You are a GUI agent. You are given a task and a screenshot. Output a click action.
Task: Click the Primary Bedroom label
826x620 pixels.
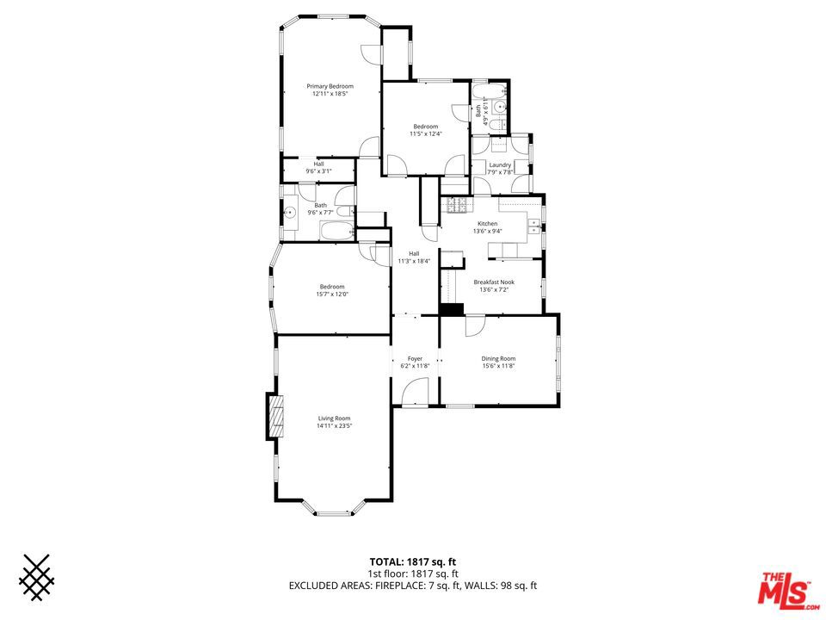click(x=330, y=86)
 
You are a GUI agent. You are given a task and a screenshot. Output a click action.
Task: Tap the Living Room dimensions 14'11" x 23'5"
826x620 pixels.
click(x=334, y=426)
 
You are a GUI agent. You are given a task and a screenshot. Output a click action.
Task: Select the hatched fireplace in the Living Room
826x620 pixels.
click(x=276, y=416)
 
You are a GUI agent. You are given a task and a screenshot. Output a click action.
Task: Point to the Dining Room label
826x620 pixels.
click(x=498, y=358)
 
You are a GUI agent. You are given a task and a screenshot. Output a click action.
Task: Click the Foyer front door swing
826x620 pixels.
click(x=415, y=394)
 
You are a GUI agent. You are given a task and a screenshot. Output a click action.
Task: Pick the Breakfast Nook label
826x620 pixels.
click(x=494, y=282)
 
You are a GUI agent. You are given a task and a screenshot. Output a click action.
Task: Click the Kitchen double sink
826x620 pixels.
click(x=534, y=226)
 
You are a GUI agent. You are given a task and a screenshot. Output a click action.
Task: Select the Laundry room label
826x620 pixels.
click(x=500, y=165)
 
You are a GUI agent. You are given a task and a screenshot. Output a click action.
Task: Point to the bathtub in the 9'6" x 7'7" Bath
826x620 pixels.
click(x=337, y=231)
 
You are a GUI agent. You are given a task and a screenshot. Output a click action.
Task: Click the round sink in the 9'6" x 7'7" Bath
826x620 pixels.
click(x=289, y=213)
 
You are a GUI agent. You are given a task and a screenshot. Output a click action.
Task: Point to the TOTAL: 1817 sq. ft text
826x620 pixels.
click(x=412, y=562)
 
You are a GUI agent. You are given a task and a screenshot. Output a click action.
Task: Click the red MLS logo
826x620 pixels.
click(x=786, y=589)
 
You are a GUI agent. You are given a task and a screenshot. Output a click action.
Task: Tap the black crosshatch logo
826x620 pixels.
click(x=36, y=577)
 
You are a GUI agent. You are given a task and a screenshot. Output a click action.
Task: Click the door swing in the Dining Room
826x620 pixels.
click(x=474, y=325)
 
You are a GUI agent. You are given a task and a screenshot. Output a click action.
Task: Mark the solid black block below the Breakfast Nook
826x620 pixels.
click(x=452, y=309)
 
